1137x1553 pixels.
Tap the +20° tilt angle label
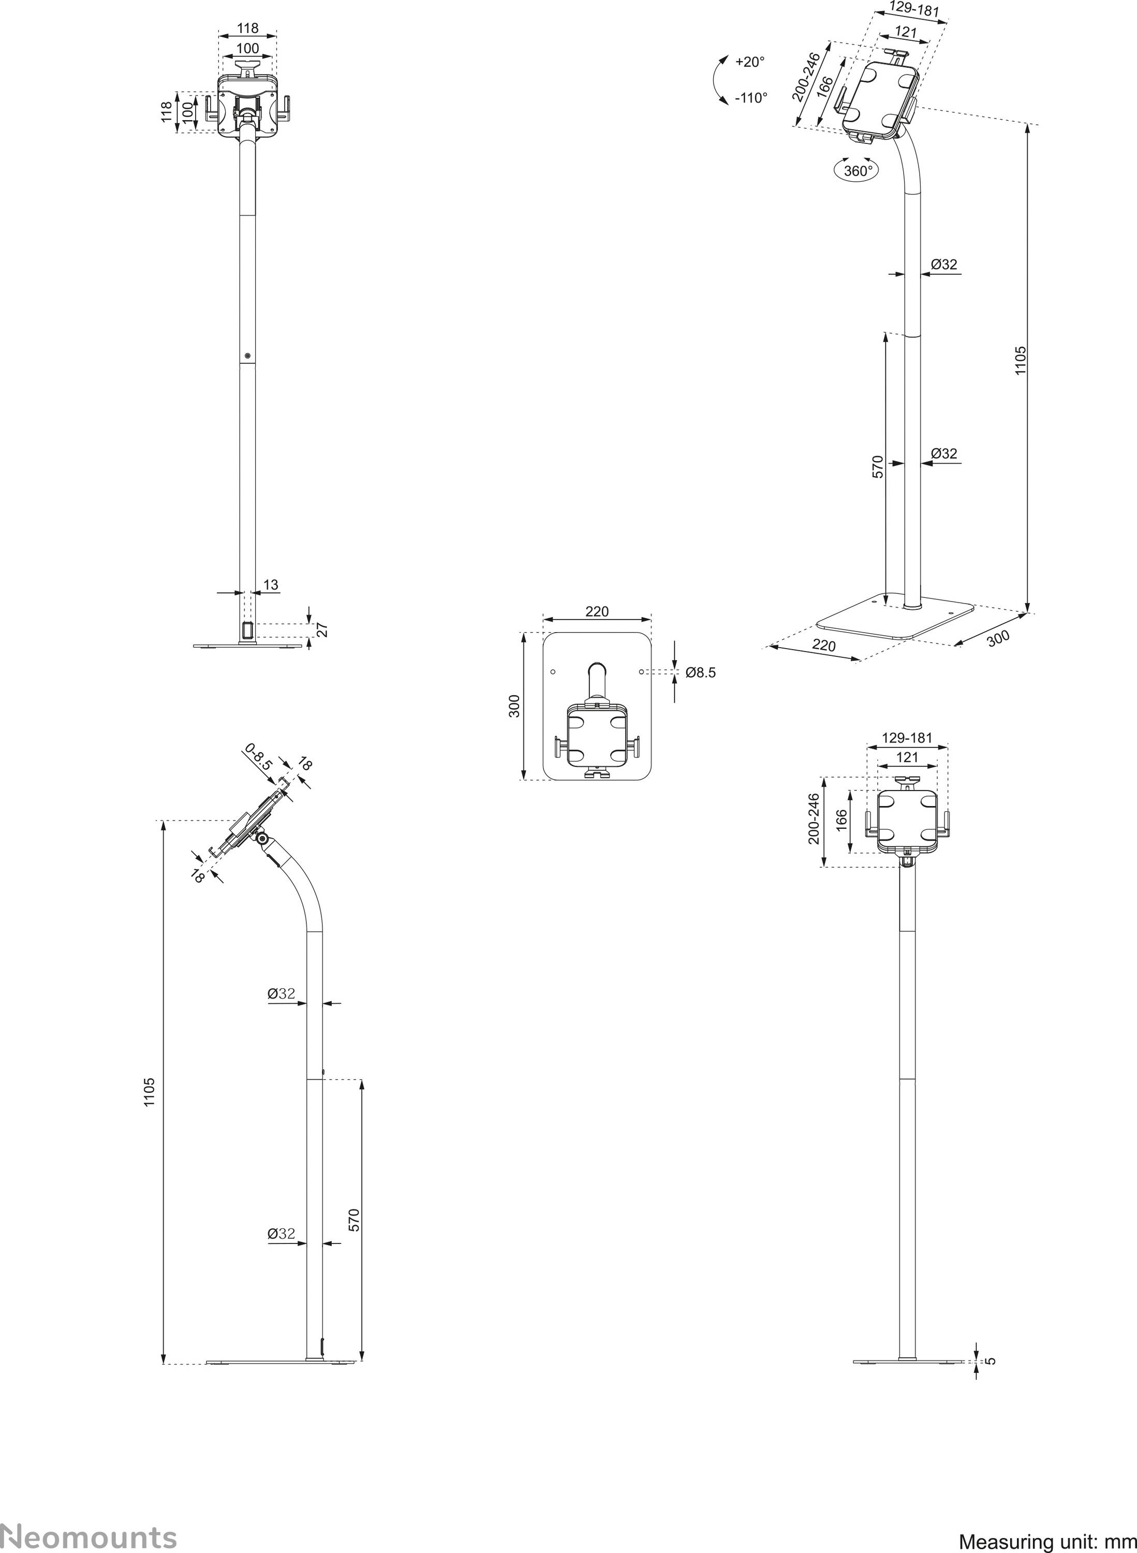[x=749, y=62]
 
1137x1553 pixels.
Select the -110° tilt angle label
[x=750, y=98]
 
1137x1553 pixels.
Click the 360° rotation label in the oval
[x=858, y=171]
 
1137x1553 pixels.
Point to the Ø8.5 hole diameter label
[x=701, y=672]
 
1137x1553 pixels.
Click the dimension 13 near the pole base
[x=271, y=584]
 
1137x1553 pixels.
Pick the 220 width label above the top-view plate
[x=597, y=611]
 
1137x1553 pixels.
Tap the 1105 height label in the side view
[x=150, y=1092]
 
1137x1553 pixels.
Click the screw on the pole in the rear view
[x=247, y=356]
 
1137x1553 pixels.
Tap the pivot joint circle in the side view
[x=261, y=839]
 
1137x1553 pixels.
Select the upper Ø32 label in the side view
[x=282, y=993]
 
